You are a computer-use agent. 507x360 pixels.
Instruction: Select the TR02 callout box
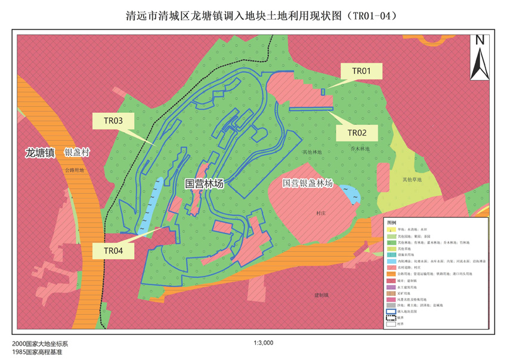click(356, 133)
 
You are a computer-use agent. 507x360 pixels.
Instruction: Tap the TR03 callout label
click(113, 121)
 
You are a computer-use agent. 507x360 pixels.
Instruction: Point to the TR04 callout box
click(113, 251)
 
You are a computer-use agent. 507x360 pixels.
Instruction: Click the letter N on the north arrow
click(480, 41)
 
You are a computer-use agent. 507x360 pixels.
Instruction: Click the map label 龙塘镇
click(40, 153)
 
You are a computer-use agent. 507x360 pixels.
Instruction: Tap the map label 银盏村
click(77, 153)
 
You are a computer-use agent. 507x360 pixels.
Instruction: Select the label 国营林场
click(204, 184)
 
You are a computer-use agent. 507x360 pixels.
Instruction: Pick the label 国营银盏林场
click(307, 183)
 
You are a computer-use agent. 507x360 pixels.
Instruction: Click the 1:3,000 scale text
click(263, 343)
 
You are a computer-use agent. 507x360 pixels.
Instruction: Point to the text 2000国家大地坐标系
click(40, 344)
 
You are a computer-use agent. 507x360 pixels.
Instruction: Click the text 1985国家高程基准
click(37, 352)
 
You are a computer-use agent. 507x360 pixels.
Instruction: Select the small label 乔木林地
click(360, 148)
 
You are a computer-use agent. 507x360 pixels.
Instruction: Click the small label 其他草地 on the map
click(412, 179)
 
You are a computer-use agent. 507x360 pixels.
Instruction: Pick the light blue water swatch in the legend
click(391, 261)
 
